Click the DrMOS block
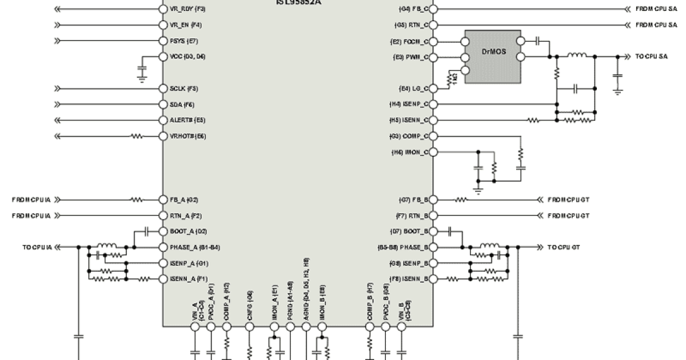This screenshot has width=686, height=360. (x=492, y=57)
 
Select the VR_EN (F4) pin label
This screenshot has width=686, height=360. (x=186, y=25)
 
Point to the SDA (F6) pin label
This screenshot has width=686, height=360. (x=182, y=105)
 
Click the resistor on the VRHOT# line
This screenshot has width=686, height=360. (x=136, y=137)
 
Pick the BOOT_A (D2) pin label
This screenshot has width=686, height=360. (x=188, y=231)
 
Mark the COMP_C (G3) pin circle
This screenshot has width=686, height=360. (x=433, y=137)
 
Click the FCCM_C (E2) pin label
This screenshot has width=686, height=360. (x=407, y=42)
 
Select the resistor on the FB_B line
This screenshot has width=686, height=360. (x=461, y=200)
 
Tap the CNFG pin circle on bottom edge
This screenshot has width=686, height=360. (x=250, y=327)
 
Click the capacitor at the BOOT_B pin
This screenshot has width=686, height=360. (x=452, y=231)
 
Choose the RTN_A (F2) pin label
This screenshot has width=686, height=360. (x=186, y=216)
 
